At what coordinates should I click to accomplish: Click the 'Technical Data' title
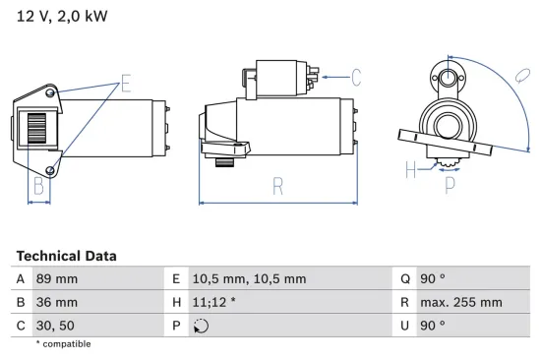tap(66, 256)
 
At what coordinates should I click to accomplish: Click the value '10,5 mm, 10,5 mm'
tap(249, 278)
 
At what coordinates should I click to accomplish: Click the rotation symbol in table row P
tap(203, 327)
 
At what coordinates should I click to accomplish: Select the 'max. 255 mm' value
tap(461, 303)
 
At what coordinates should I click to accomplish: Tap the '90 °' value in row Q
tap(433, 278)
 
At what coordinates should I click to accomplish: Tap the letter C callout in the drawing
tap(356, 76)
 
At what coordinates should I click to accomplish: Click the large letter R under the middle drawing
tap(277, 184)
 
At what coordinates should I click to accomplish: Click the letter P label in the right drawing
tap(450, 183)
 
